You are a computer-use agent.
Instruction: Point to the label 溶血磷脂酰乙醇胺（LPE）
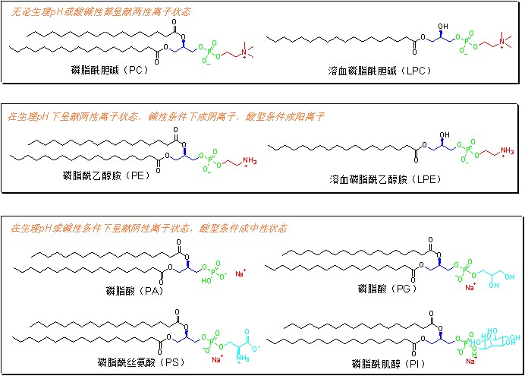tap(385, 179)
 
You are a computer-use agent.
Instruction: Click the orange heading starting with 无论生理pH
tap(99, 12)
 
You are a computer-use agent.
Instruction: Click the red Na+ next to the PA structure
tap(240, 273)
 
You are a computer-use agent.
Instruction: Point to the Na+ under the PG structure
tap(470, 287)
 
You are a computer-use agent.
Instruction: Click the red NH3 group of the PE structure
tap(237, 162)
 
